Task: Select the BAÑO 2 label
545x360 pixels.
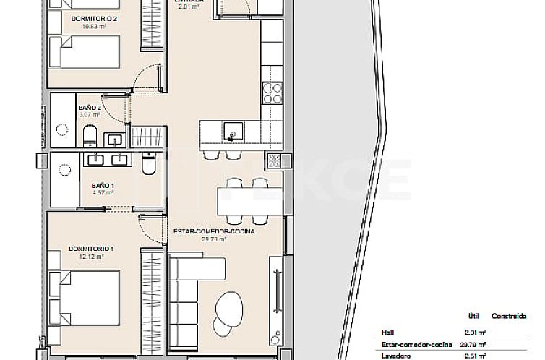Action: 89,107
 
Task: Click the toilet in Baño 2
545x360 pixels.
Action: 90,134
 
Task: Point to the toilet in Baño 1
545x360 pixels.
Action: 148,166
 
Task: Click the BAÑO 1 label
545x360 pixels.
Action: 103,185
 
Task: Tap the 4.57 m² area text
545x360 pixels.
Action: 103,193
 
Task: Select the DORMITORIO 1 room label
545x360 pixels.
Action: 90,248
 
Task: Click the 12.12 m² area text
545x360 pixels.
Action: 90,256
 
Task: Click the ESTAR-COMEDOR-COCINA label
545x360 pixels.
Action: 217,232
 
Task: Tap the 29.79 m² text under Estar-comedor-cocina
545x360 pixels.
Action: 217,240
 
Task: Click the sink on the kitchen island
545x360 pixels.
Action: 232,132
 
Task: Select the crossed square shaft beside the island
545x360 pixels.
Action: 274,160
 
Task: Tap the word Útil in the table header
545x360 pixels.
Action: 475,317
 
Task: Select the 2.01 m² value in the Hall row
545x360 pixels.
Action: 474,332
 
